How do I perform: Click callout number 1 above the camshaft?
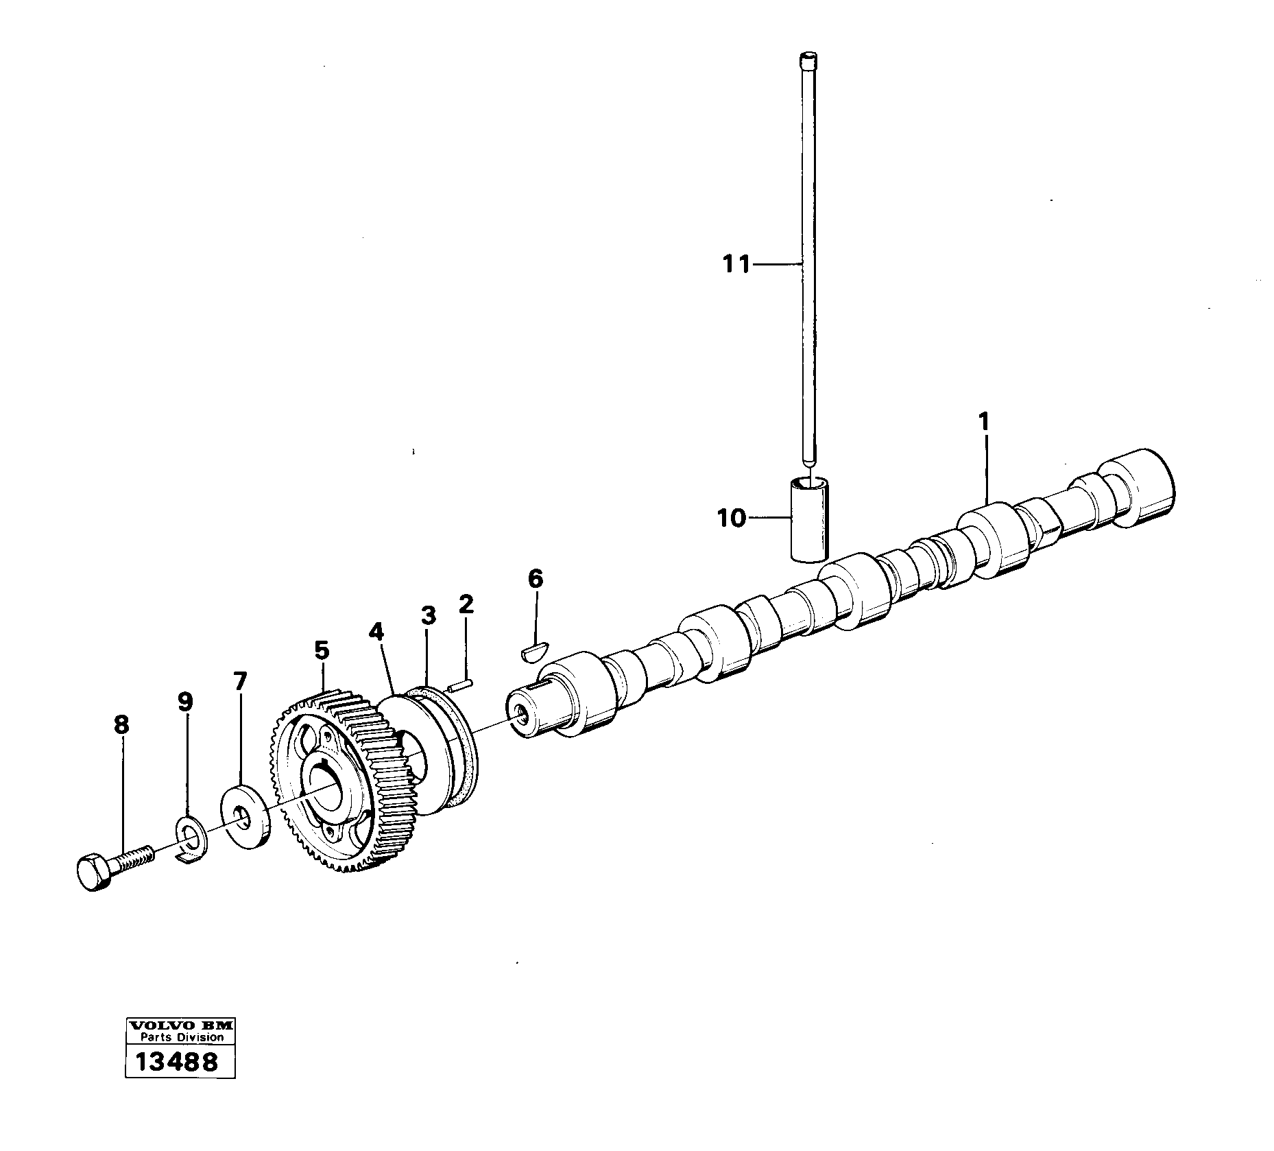click(x=984, y=422)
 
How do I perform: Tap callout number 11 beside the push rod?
click(x=736, y=264)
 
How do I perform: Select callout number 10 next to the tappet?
click(x=731, y=518)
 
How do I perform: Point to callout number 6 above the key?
click(x=536, y=579)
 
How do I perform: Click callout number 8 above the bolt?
click(x=121, y=724)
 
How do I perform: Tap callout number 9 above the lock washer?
click(x=184, y=702)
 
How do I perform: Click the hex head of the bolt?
click(x=92, y=873)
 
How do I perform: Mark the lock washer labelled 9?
click(x=189, y=835)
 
